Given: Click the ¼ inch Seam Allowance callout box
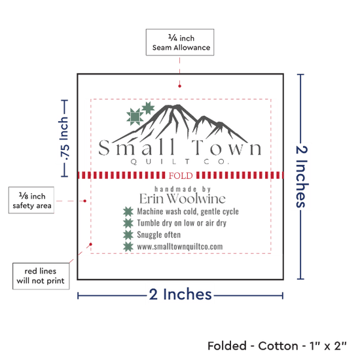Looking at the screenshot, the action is pyautogui.click(x=180, y=43).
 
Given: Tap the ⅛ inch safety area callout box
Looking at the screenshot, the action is pyautogui.click(x=31, y=200).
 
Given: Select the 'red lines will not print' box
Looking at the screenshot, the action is pyautogui.click(x=41, y=276).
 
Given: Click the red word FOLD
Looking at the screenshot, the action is pyautogui.click(x=181, y=175).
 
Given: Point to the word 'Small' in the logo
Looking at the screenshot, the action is pyautogui.click(x=137, y=147).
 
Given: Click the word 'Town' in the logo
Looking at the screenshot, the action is pyautogui.click(x=226, y=147).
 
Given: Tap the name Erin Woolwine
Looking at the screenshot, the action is pyautogui.click(x=183, y=198).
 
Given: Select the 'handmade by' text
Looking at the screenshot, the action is pyautogui.click(x=183, y=189).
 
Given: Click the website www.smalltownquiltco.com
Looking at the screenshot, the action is pyautogui.click(x=180, y=247).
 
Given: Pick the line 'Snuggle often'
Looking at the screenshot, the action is pyautogui.click(x=158, y=234).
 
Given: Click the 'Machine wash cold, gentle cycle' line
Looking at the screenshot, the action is pyautogui.click(x=188, y=211).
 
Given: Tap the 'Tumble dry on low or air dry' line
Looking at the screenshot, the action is pyautogui.click(x=181, y=223).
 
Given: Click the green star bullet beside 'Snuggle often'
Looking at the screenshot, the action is pyautogui.click(x=128, y=234).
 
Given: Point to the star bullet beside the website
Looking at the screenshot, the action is pyautogui.click(x=128, y=247).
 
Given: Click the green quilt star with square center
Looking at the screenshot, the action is pyautogui.click(x=135, y=117).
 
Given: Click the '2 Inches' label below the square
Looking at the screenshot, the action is pyautogui.click(x=180, y=295).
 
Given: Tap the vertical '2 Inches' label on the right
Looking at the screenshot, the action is pyautogui.click(x=302, y=177).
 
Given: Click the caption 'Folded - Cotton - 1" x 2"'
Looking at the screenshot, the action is pyautogui.click(x=277, y=346).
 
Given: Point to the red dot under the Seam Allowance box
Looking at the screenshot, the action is pyautogui.click(x=179, y=86).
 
